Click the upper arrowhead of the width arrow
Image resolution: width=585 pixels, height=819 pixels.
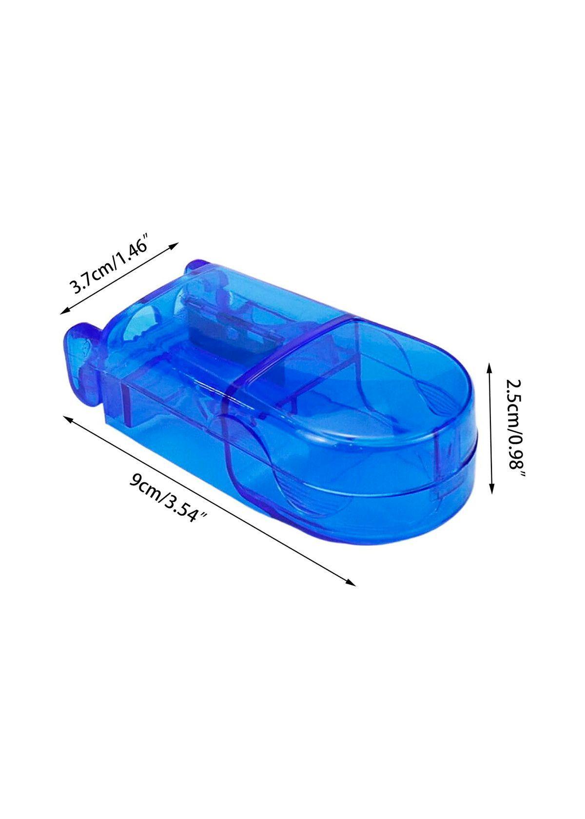(x=174, y=245)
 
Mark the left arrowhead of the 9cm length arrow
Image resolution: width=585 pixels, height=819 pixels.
(x=68, y=419)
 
